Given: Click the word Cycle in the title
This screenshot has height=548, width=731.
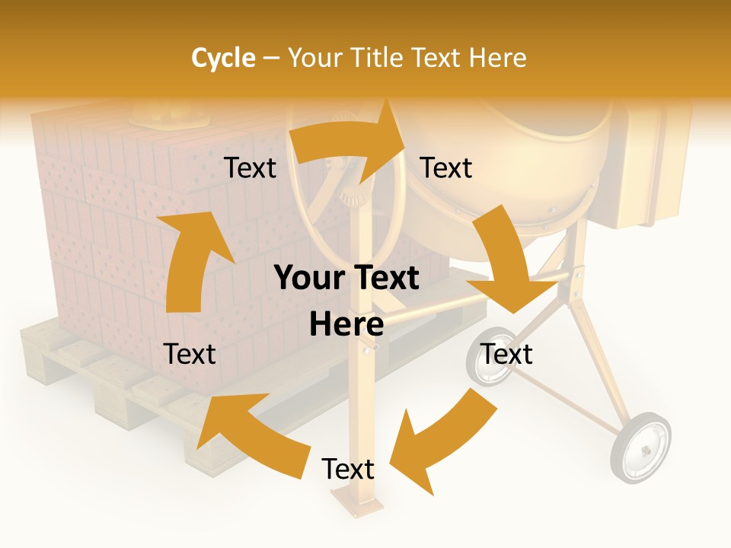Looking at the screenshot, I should click(x=223, y=58).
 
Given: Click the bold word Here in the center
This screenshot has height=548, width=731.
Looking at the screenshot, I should click(x=346, y=325).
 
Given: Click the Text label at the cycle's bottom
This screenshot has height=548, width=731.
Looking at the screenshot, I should click(x=348, y=470).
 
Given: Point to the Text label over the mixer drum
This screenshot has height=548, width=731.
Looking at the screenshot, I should click(x=446, y=168).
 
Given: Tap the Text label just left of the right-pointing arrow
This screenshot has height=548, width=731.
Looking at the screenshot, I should click(x=250, y=168).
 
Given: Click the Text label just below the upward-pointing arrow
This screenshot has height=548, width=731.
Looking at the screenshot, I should click(x=190, y=354).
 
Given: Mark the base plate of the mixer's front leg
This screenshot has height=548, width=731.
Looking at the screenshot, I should click(x=357, y=503).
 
